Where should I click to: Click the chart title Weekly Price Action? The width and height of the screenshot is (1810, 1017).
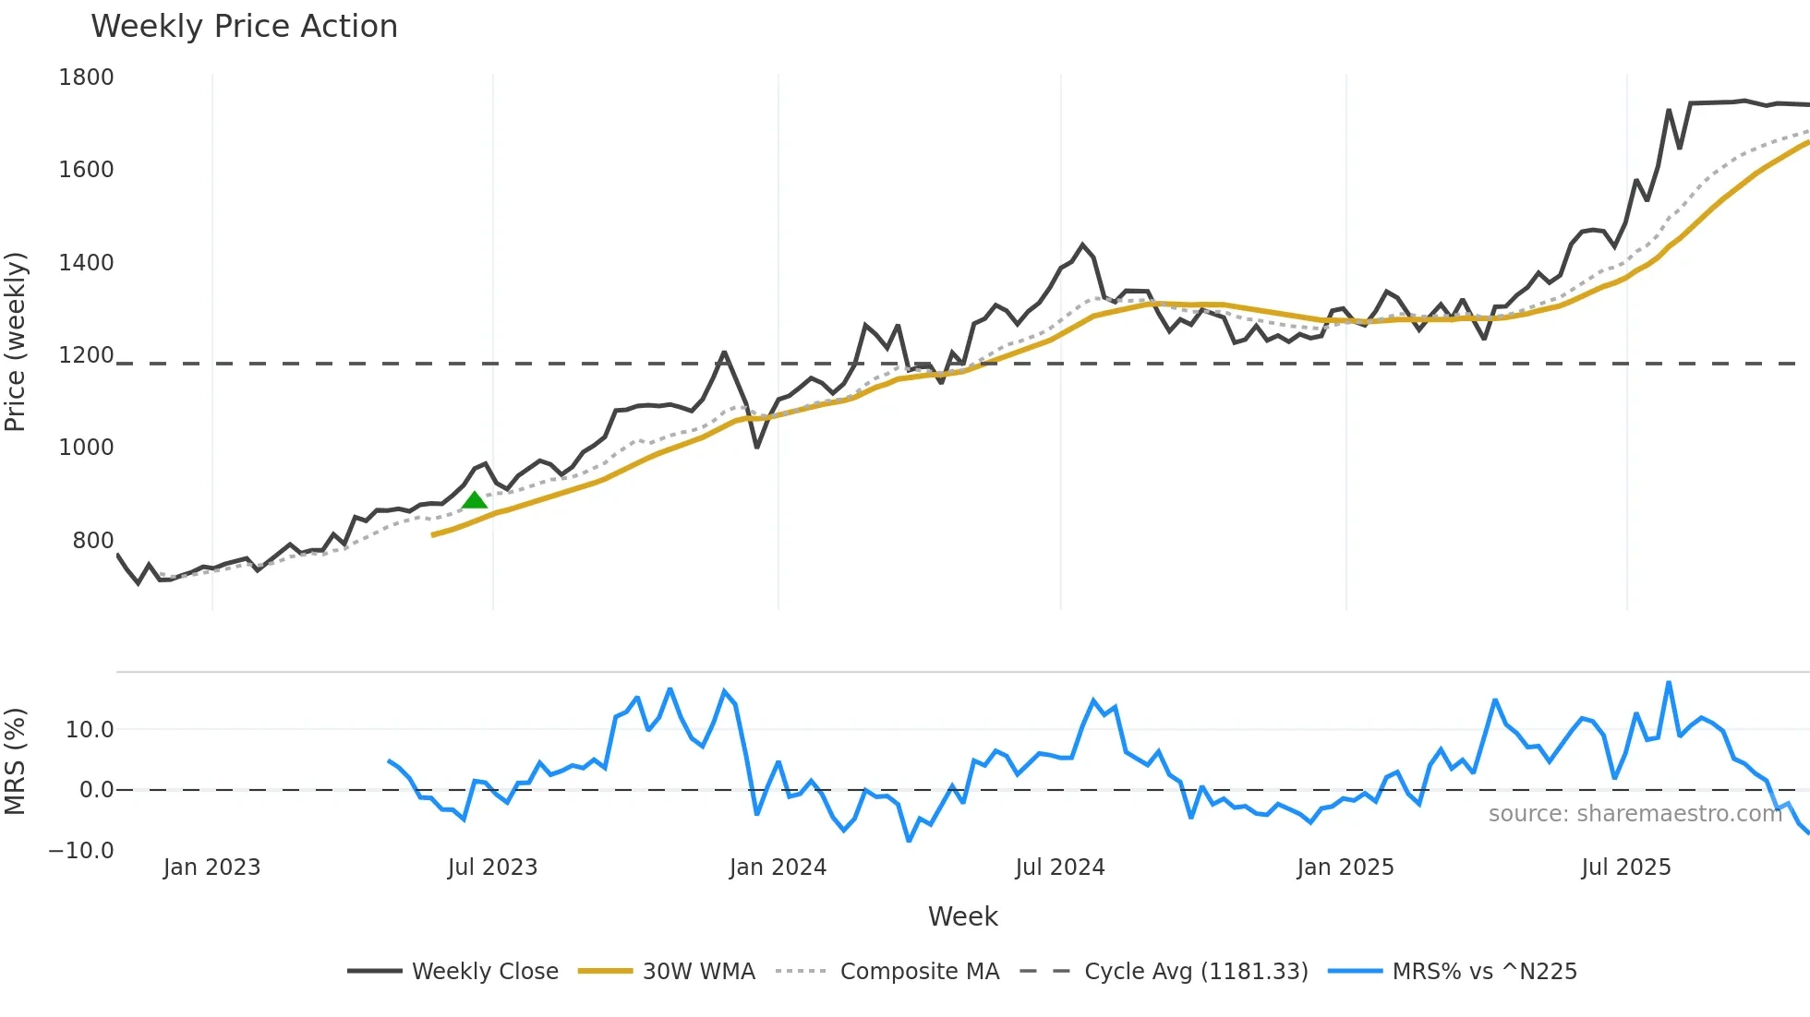tap(244, 27)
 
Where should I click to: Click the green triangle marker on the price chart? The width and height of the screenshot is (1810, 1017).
tap(475, 500)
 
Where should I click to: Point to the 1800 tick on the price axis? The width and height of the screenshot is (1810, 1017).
tap(86, 78)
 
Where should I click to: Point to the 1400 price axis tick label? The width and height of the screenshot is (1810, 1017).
tap(86, 263)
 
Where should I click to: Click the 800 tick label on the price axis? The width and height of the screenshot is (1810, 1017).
tap(93, 541)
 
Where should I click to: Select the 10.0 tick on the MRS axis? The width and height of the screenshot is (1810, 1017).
tap(90, 730)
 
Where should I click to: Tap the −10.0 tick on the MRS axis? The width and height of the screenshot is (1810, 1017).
tap(81, 851)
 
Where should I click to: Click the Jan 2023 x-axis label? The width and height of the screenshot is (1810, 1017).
tap(212, 867)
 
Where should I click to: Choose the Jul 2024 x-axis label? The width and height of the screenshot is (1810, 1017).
tap(1060, 867)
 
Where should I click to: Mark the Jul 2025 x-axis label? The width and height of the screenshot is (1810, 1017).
tap(1626, 867)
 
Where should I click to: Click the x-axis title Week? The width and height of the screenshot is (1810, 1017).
tap(962, 916)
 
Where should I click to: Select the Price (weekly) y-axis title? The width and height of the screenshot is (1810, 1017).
tap(16, 342)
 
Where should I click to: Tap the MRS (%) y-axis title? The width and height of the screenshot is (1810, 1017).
tap(16, 761)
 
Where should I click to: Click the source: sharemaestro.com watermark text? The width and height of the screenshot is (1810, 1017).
tap(1635, 814)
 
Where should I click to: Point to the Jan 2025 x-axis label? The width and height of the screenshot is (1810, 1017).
tap(1345, 867)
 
